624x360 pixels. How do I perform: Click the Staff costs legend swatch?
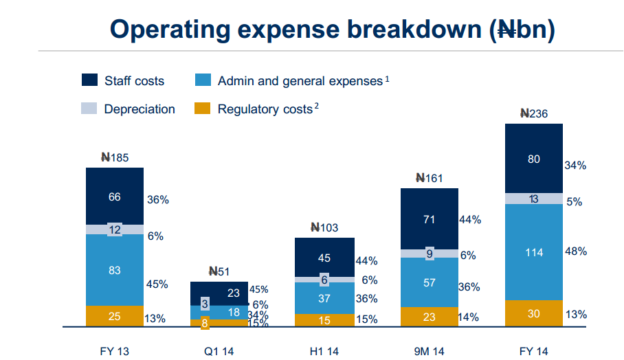89,80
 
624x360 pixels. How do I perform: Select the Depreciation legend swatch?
89,109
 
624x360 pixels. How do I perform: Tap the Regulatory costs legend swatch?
203,109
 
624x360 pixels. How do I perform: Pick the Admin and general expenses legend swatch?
203,80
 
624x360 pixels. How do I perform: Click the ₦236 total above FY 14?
534,114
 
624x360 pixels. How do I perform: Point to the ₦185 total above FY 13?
115,157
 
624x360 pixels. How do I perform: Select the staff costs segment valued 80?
534,159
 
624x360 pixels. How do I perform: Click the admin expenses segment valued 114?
534,252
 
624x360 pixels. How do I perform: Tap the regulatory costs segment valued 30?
534,313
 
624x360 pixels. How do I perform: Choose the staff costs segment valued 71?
430,219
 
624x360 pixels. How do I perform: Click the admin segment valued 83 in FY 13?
115,270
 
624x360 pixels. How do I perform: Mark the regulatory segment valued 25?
115,316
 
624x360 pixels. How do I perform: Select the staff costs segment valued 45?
324,258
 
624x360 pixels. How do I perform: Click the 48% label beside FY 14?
575,251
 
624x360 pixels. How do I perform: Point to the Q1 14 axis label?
219,352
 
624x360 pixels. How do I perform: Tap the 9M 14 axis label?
430,352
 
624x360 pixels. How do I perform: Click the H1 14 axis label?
324,352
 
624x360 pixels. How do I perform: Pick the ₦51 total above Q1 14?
219,271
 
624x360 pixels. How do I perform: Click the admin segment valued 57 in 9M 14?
430,282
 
